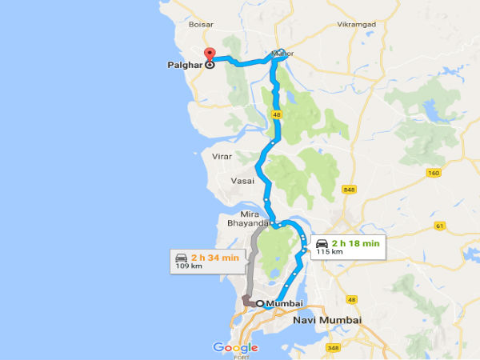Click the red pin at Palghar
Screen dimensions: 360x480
210,55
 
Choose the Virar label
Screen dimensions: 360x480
222,157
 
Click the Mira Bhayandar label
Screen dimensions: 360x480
250,221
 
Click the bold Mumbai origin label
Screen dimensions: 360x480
286,304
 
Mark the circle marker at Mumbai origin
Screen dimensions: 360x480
261,304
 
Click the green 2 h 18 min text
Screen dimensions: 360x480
356,242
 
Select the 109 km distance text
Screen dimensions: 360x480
191,266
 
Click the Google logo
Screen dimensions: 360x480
235,347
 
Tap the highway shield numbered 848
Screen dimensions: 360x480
348,190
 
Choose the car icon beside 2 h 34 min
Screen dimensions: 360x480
181,257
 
